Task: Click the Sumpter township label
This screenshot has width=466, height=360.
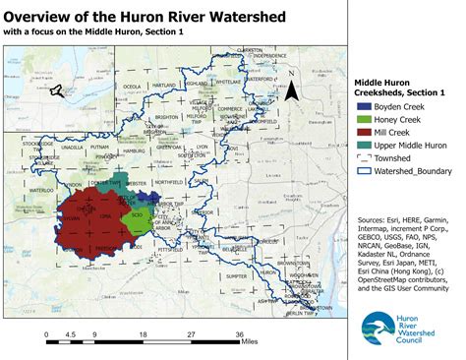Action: (236, 250)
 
